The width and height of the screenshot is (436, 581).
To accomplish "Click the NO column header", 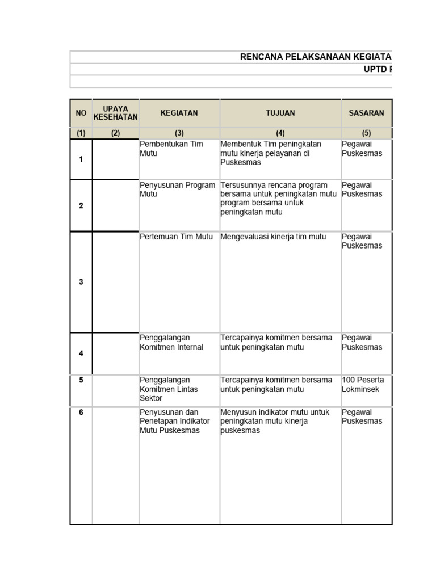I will (81, 113).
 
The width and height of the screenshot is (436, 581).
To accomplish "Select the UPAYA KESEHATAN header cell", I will (115, 113).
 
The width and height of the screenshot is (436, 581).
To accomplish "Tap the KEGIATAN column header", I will (179, 113).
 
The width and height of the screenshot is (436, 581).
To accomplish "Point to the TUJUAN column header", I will (280, 113).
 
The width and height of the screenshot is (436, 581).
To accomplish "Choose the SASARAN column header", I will (366, 113).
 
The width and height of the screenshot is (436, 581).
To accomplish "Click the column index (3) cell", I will (179, 134).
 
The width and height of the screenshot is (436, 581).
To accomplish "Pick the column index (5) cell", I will (366, 134).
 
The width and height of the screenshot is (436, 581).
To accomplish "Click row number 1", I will (81, 159).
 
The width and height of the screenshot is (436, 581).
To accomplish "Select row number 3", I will (81, 282).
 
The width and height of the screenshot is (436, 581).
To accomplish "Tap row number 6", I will (81, 412).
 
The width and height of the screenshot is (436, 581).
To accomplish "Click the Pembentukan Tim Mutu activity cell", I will (171, 149).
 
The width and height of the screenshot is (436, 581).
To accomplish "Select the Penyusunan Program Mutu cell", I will (177, 190).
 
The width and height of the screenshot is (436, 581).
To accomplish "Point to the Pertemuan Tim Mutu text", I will (176, 237).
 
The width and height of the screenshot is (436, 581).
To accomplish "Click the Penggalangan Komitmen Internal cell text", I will (171, 343).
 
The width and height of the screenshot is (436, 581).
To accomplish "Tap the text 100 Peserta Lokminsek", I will (361, 385).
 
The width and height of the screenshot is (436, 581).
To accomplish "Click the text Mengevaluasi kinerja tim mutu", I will (273, 237).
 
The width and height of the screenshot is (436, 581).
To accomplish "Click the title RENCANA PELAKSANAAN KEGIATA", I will (316, 57).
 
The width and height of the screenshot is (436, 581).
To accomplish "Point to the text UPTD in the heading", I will (378, 69).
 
